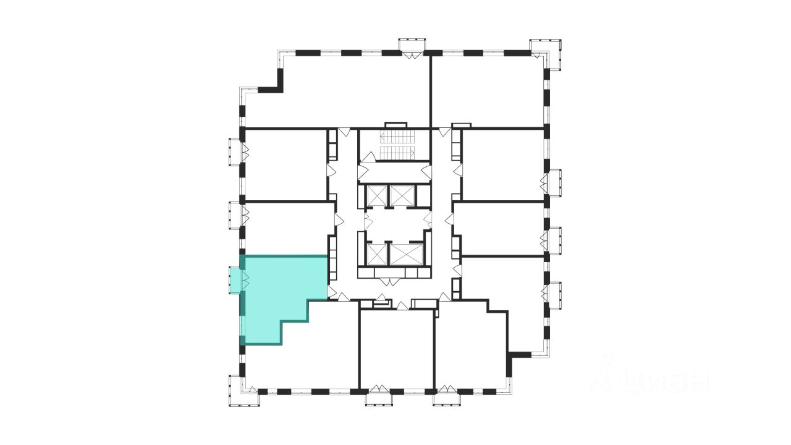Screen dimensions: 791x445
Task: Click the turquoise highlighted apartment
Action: (x=278, y=290)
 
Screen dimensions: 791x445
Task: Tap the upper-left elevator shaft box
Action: (x=375, y=195)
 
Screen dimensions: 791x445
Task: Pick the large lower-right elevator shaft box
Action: (x=407, y=253)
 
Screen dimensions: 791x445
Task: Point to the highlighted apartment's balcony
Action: (x=235, y=280)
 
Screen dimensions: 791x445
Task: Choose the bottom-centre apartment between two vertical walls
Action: (x=397, y=349)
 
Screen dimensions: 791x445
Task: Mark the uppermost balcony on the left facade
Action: (x=235, y=151)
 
